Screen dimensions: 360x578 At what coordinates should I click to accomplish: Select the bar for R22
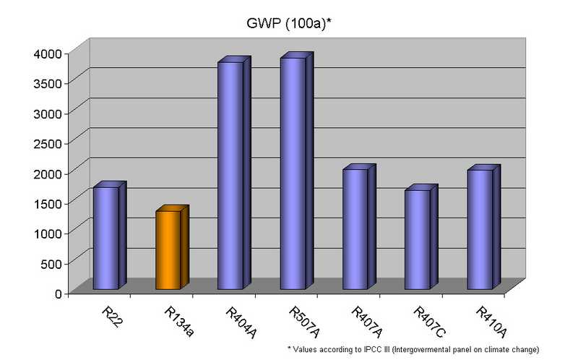point(105,239)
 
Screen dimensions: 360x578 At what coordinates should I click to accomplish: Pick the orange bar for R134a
point(168,250)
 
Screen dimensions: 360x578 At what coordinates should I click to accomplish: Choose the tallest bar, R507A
point(293,173)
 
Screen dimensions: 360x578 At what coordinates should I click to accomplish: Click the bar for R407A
point(355,229)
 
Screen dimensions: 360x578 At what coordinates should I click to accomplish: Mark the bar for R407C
point(417,239)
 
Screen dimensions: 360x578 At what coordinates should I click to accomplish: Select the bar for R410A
point(479,229)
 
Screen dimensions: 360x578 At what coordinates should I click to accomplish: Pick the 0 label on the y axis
point(60,293)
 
